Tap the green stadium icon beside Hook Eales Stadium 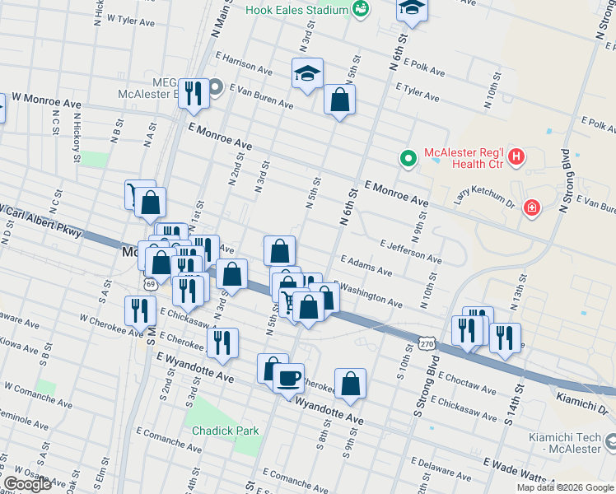pos(359,10)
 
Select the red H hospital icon pos(516,155)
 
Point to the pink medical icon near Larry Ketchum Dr pos(533,206)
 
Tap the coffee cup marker pos(288,378)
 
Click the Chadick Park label pos(225,431)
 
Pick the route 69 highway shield pos(149,283)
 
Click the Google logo pos(27,484)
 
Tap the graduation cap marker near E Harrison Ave pos(307,73)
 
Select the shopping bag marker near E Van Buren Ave pos(339,100)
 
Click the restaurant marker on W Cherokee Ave pos(140,310)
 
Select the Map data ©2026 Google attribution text pos(565,487)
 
